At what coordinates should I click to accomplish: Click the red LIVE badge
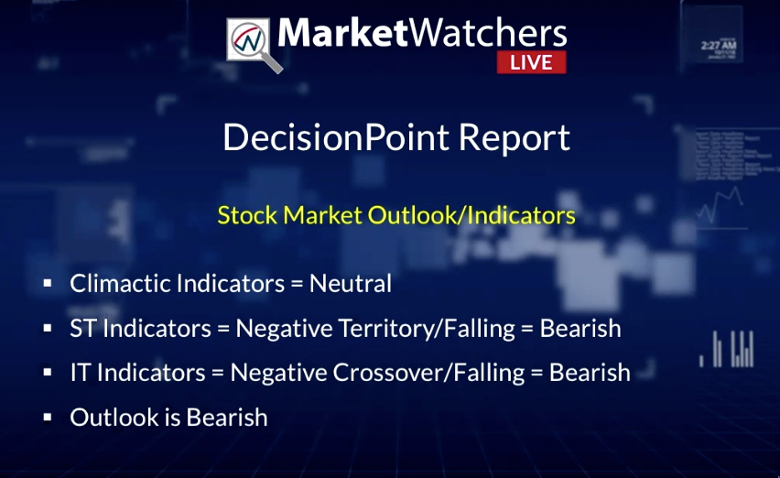point(531,62)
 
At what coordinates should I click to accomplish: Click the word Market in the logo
point(343,33)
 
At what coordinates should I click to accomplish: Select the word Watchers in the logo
point(488,33)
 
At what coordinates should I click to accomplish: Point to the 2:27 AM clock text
point(719,46)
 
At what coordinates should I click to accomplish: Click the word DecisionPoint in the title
point(336,137)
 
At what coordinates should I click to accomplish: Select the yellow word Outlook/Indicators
point(471,215)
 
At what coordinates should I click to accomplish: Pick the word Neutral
point(351,284)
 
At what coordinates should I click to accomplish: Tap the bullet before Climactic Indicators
point(48,284)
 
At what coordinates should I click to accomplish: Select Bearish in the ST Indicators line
point(580,329)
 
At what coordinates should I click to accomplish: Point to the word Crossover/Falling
point(428,373)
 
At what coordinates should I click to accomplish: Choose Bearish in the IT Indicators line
point(590,373)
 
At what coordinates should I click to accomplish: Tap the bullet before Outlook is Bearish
point(48,418)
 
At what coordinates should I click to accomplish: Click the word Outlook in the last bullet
point(114,418)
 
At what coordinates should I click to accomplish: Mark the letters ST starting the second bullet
point(83,329)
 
